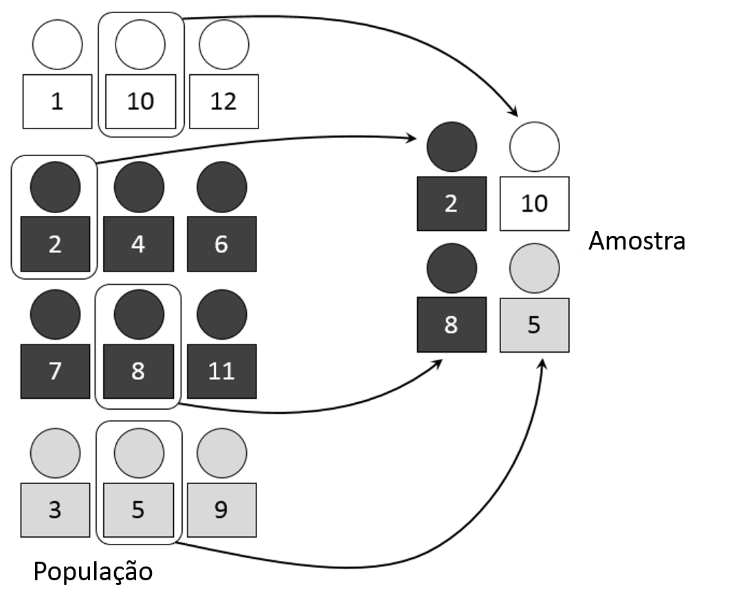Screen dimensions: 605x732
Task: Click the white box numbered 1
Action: (x=56, y=102)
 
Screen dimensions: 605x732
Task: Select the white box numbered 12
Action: (x=223, y=102)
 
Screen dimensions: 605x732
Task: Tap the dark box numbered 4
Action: (x=138, y=244)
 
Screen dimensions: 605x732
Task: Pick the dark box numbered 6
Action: (x=221, y=244)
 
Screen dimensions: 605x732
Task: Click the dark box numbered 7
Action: (x=56, y=371)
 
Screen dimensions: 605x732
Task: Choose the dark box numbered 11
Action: (x=221, y=371)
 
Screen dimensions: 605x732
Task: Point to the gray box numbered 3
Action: (x=56, y=510)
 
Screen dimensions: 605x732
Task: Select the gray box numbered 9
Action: (x=221, y=510)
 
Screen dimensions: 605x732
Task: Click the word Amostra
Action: (x=637, y=241)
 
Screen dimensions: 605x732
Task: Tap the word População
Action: (x=93, y=571)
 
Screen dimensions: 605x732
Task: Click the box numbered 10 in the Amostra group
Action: (x=534, y=203)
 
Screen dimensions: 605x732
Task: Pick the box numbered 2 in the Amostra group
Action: (x=451, y=203)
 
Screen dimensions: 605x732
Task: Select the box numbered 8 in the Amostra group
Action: (x=451, y=325)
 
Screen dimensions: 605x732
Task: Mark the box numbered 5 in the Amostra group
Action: (x=534, y=325)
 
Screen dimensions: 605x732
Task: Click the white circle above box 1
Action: (x=57, y=45)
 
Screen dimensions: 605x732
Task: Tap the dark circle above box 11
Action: (x=221, y=315)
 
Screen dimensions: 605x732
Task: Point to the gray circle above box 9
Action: (x=221, y=454)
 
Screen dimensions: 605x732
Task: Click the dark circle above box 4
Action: (x=139, y=186)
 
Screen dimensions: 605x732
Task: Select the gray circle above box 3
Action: (x=56, y=454)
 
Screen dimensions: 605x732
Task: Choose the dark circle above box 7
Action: (x=56, y=315)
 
